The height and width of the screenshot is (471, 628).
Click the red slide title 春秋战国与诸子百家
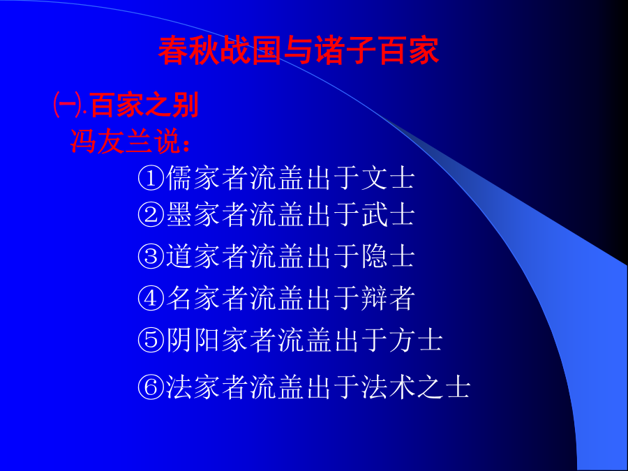coord(299,51)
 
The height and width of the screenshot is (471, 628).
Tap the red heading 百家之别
coord(145,105)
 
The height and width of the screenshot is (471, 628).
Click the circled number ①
coord(151,178)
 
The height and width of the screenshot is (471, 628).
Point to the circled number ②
coord(151,215)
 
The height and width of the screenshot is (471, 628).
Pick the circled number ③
coord(151,256)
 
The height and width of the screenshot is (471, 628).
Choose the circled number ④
coord(151,299)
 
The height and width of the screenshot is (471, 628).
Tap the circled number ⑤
coord(151,340)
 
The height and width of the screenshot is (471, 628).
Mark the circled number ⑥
coord(151,387)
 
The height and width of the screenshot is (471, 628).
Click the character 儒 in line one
coord(179,178)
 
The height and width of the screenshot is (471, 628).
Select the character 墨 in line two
coord(179,215)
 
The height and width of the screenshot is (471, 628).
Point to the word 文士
coord(388,178)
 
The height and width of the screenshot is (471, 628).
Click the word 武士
coord(388,215)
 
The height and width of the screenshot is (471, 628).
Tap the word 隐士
coord(388,256)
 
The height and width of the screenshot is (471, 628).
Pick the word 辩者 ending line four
coord(388,299)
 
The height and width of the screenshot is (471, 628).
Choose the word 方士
coord(416,340)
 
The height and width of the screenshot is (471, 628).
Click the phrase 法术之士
coord(416,387)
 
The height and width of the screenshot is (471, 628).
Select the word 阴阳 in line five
coord(193,340)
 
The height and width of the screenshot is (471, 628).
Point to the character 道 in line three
coord(179,256)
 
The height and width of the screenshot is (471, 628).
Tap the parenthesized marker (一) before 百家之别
coord(69,105)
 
